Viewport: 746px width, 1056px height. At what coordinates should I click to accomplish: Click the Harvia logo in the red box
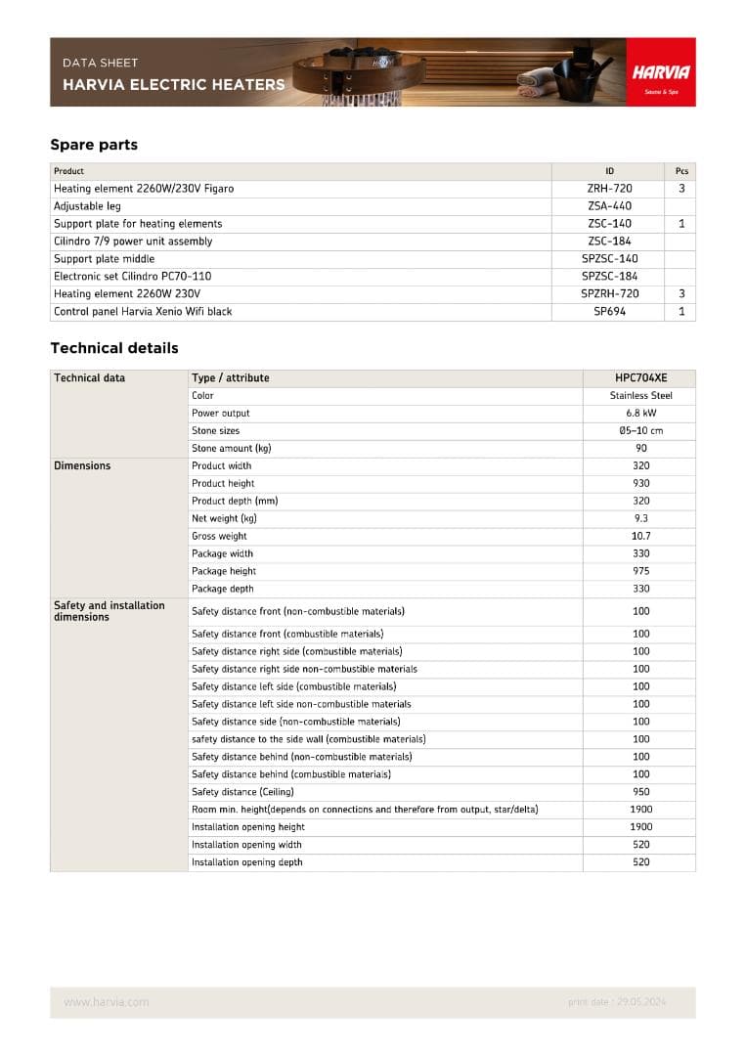click(661, 73)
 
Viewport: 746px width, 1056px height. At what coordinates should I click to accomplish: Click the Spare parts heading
click(94, 145)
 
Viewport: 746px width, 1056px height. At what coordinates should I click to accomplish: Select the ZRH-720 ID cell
click(609, 189)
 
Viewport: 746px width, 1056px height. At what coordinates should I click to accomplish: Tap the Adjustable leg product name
click(87, 206)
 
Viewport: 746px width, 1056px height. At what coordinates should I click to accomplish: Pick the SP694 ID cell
click(609, 312)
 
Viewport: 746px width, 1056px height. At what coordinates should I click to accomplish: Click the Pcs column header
click(681, 171)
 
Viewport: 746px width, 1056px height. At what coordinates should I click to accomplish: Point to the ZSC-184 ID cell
click(609, 242)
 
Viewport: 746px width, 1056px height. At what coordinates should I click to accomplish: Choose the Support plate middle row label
click(104, 259)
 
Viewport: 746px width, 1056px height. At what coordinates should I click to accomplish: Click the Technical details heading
click(114, 348)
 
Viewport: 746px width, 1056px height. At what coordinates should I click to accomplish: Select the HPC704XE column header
click(641, 378)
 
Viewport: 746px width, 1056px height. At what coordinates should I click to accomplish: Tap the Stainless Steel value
click(641, 396)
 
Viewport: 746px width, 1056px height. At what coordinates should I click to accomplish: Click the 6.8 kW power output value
click(641, 414)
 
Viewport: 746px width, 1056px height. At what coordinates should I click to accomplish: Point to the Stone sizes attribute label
click(215, 431)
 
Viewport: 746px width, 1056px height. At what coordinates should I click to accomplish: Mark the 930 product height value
click(641, 484)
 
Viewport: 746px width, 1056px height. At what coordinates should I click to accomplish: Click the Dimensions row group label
click(82, 466)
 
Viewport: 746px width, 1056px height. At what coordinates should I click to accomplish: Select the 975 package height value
click(641, 572)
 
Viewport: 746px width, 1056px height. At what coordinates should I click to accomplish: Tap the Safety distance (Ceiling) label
click(242, 792)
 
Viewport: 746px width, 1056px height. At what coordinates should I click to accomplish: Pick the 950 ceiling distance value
click(641, 792)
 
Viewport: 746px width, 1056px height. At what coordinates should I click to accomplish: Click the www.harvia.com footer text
click(107, 1002)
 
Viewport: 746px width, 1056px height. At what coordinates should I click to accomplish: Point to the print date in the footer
click(617, 1002)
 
